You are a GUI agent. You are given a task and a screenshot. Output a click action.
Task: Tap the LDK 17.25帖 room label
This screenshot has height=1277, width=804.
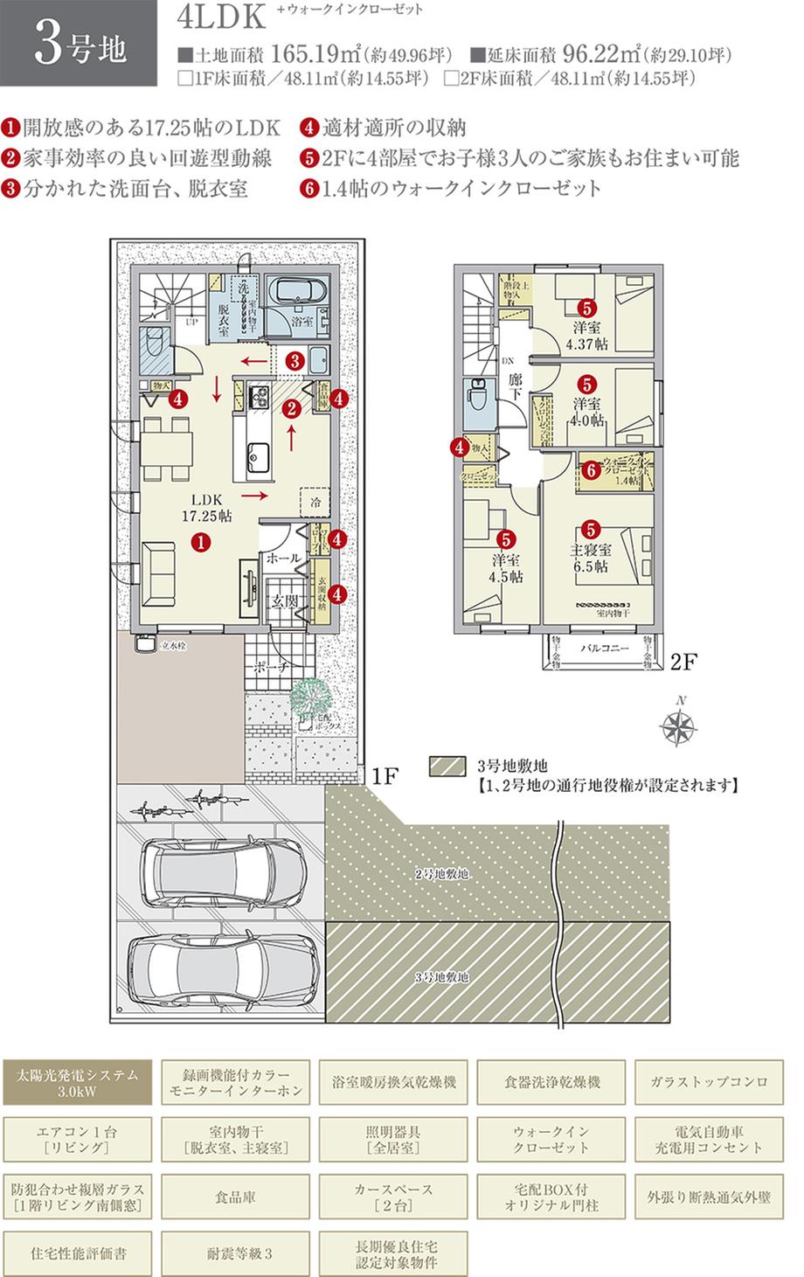point(205,508)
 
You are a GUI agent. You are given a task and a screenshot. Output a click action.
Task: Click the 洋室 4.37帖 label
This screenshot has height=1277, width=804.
point(586,336)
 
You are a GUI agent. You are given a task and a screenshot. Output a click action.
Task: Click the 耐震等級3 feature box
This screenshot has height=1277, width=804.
point(235,1253)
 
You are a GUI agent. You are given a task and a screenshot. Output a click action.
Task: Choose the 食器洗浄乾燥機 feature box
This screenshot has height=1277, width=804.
point(551,1082)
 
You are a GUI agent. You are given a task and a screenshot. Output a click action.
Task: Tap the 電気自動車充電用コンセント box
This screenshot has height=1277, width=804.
point(709,1140)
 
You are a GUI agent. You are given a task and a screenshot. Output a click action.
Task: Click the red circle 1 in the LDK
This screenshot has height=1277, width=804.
point(201,541)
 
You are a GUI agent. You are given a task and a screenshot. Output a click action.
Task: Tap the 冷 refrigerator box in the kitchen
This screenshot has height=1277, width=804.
point(314,503)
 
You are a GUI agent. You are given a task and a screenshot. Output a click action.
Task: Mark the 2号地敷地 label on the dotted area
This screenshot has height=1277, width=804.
point(441,873)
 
